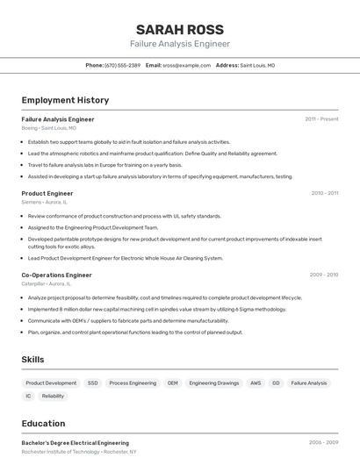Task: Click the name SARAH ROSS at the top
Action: [180, 29]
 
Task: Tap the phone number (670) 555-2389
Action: [122, 65]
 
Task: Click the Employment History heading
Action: [65, 100]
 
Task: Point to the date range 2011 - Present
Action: [321, 118]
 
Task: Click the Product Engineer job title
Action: [47, 193]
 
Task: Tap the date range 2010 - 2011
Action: [324, 193]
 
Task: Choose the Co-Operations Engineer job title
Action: [56, 275]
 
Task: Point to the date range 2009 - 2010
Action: [324, 275]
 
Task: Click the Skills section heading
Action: [32, 360]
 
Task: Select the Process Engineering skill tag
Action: [133, 383]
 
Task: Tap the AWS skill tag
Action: [256, 383]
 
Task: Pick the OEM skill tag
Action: [173, 383]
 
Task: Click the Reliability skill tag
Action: [53, 396]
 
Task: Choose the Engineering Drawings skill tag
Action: [214, 383]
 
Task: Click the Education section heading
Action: [43, 423]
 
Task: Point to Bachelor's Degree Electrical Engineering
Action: [75, 443]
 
